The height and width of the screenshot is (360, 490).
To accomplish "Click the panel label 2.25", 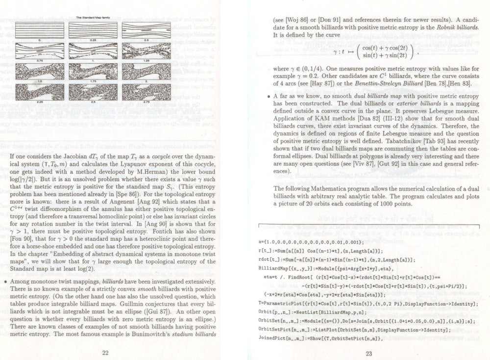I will (x=41, y=101).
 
